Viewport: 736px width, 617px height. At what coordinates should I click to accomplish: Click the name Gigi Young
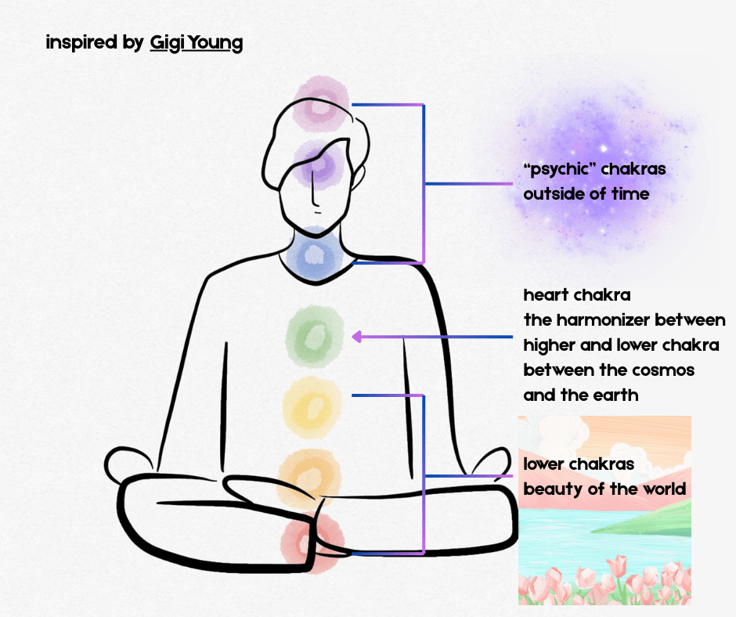point(196,42)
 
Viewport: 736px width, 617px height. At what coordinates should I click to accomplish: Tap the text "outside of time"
point(586,193)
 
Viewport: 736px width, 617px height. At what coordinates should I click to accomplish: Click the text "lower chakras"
point(579,464)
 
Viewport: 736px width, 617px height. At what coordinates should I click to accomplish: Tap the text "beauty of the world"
point(604,489)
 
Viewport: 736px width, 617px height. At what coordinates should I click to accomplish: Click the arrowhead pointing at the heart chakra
point(356,337)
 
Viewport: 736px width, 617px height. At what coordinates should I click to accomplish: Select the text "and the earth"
point(580,395)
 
